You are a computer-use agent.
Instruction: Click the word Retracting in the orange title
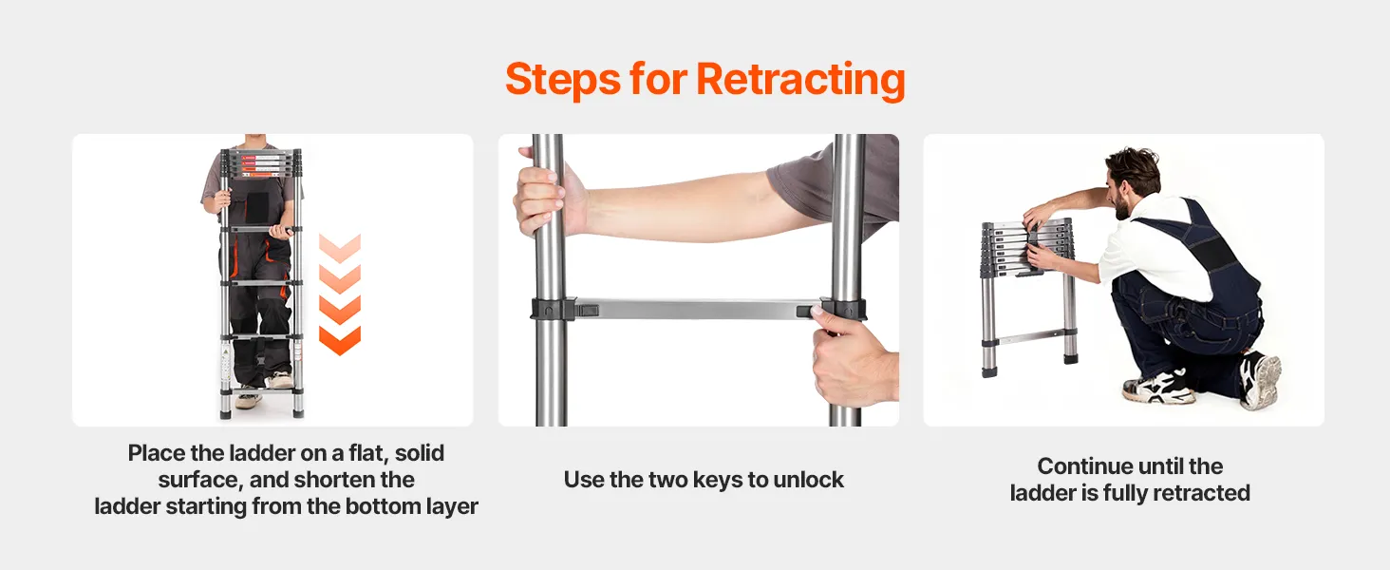coord(800,80)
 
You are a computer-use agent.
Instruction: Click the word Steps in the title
coord(563,80)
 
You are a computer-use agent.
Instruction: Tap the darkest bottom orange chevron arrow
coord(340,340)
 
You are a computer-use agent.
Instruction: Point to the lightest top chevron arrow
coord(340,248)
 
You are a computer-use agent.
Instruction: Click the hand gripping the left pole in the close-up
coord(547,193)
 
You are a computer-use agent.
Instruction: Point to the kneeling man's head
coord(1132,181)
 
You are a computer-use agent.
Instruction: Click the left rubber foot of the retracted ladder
coord(989,372)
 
